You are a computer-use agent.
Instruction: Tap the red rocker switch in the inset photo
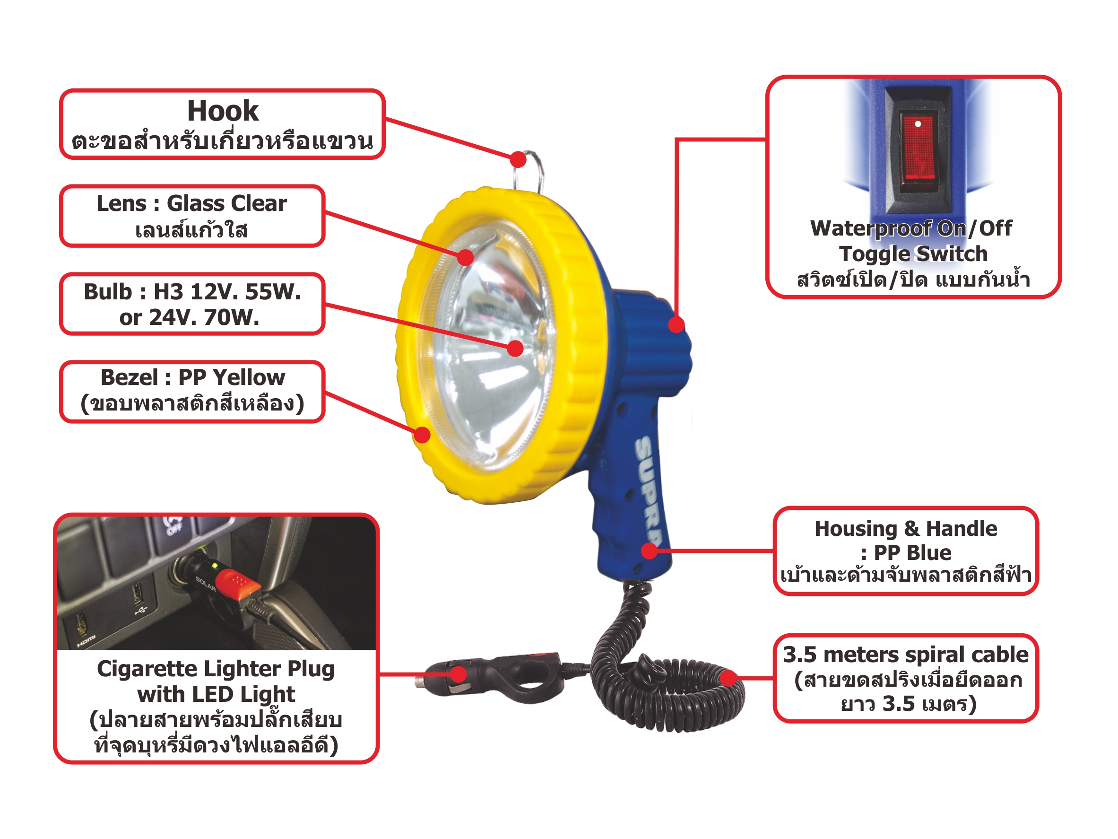point(918,147)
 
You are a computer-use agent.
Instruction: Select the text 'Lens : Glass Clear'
point(191,203)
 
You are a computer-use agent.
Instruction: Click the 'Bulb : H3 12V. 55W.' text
point(192,292)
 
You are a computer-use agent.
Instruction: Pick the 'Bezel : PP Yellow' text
point(192,377)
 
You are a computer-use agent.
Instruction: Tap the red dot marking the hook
point(518,160)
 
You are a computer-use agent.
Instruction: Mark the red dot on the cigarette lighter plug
point(459,674)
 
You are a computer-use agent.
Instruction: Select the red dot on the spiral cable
point(728,678)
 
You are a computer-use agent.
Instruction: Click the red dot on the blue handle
point(650,551)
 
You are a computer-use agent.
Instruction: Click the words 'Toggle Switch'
point(913,254)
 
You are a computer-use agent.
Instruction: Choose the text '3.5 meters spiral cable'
point(905,655)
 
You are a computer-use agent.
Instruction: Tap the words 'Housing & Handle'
point(906,528)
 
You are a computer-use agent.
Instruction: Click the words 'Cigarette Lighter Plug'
point(216,669)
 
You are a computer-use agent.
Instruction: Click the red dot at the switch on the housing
point(676,324)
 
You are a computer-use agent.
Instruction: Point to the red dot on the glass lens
point(466,257)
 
